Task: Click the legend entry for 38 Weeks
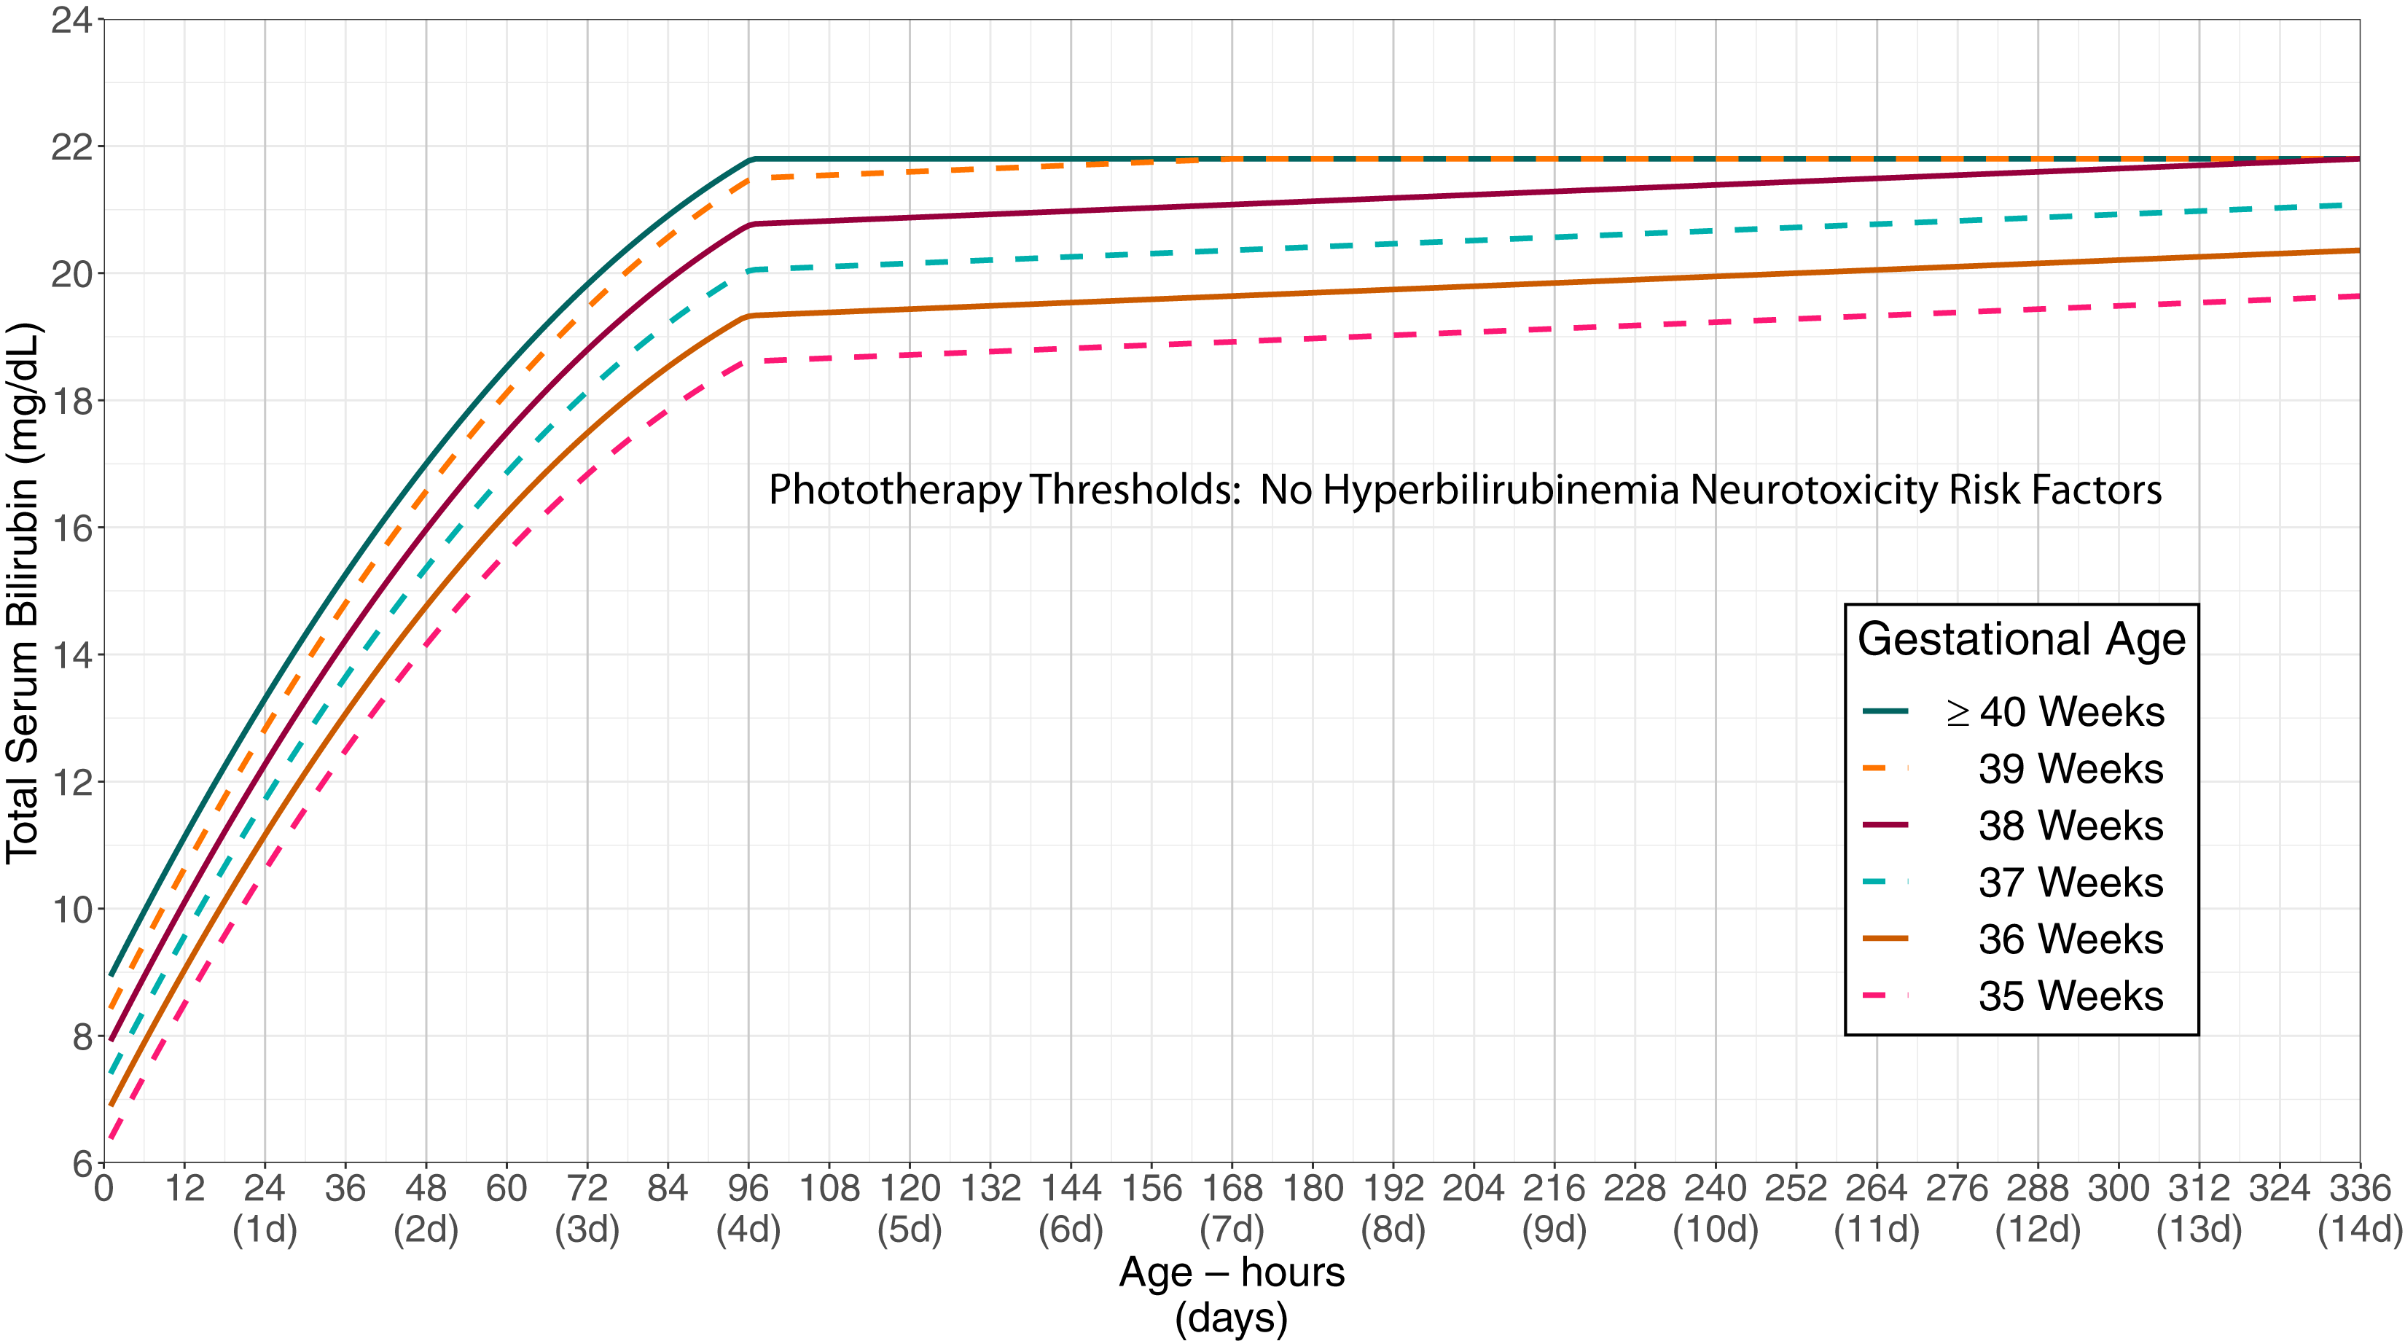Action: click(x=2070, y=826)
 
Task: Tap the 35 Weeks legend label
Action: click(x=2070, y=996)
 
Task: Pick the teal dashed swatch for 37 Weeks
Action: click(x=1885, y=882)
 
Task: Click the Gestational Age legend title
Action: click(x=2021, y=638)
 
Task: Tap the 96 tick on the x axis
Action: click(x=748, y=1189)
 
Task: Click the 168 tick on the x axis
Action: click(x=1232, y=1189)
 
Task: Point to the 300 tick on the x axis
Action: click(x=2119, y=1189)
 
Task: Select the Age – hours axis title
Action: click(x=1232, y=1272)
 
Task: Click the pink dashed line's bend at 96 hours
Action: click(x=750, y=361)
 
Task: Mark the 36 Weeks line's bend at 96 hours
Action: click(x=750, y=316)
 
